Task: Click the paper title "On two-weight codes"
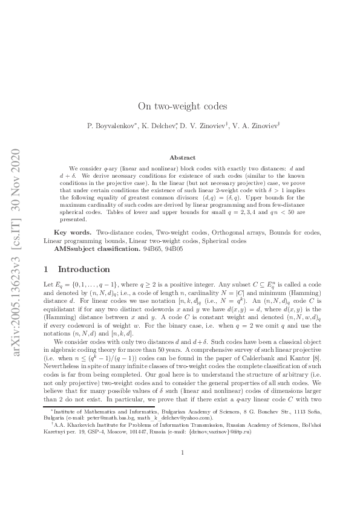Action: [x=182, y=106]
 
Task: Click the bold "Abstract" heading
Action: [x=182, y=157]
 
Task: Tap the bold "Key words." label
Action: [x=69, y=232]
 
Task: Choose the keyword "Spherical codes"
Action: [x=226, y=240]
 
